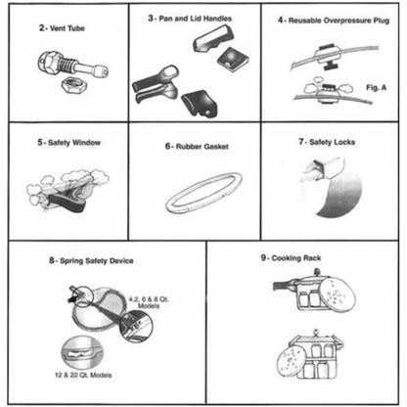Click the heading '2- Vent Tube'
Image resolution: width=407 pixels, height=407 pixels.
click(x=55, y=28)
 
